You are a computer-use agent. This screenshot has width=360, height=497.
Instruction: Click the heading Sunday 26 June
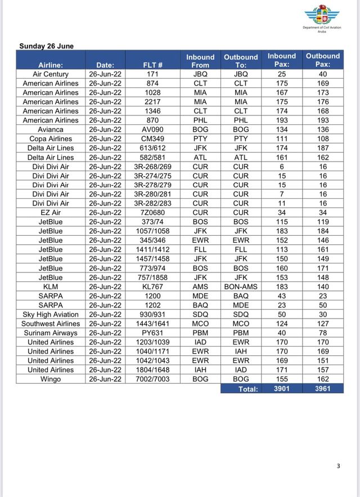pyautogui.click(x=47, y=46)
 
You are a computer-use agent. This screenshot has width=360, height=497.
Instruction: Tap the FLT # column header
pyautogui.click(x=153, y=65)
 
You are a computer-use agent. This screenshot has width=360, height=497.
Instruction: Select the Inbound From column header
pyautogui.click(x=200, y=61)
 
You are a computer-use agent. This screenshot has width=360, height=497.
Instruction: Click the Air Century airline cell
pyautogui.click(x=51, y=74)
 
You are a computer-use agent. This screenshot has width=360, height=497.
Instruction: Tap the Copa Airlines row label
pyautogui.click(x=51, y=138)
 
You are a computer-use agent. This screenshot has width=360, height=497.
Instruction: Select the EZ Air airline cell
pyautogui.click(x=51, y=213)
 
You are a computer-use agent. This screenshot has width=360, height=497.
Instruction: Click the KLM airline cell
pyautogui.click(x=51, y=286)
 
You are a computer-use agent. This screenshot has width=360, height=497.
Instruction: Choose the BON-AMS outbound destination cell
pyautogui.click(x=241, y=286)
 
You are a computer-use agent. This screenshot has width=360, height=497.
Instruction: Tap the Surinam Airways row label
pyautogui.click(x=51, y=333)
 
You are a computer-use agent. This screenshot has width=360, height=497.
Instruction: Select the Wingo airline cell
pyautogui.click(x=51, y=379)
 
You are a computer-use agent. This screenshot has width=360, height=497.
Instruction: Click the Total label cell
pyautogui.click(x=248, y=389)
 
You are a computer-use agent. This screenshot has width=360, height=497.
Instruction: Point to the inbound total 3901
pyautogui.click(x=282, y=388)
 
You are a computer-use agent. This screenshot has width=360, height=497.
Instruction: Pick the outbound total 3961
pyautogui.click(x=323, y=388)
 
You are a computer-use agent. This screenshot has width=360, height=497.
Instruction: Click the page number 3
pyautogui.click(x=339, y=465)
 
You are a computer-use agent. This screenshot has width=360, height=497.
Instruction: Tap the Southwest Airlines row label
pyautogui.click(x=51, y=324)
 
